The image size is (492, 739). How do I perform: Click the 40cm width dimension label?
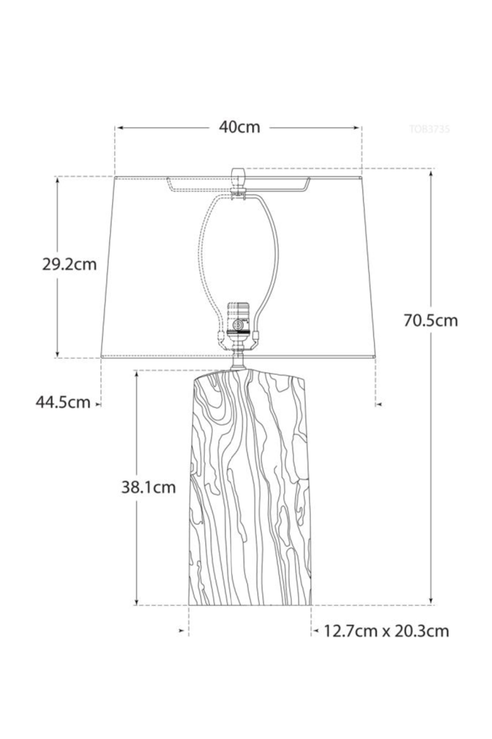[239, 127]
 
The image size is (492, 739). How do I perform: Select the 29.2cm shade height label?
[69, 265]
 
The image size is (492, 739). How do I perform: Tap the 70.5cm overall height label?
[430, 320]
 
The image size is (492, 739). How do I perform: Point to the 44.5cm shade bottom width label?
[63, 402]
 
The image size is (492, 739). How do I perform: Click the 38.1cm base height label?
[149, 487]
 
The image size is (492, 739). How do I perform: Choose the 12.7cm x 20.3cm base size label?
[386, 631]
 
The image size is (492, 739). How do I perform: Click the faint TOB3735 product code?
[429, 130]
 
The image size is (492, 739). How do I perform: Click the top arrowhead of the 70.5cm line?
[431, 172]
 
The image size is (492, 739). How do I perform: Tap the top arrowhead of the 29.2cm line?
[58, 180]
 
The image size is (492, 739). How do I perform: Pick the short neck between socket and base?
[239, 361]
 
